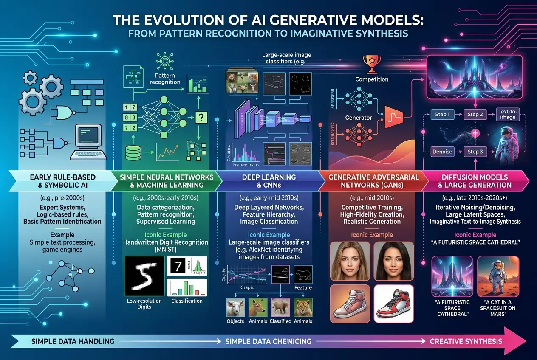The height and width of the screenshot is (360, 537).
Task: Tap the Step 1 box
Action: point(441,115)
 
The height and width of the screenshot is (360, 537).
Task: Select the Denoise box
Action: point(442,152)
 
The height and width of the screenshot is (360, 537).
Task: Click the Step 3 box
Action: point(475,152)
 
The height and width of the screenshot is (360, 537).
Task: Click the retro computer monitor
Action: point(88,138)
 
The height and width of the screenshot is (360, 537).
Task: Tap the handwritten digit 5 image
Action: point(143,276)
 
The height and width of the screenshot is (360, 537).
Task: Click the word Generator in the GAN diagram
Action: point(358,118)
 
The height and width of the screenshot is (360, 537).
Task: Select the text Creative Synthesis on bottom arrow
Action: point(466,341)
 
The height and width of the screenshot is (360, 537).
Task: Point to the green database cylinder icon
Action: point(135,152)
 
